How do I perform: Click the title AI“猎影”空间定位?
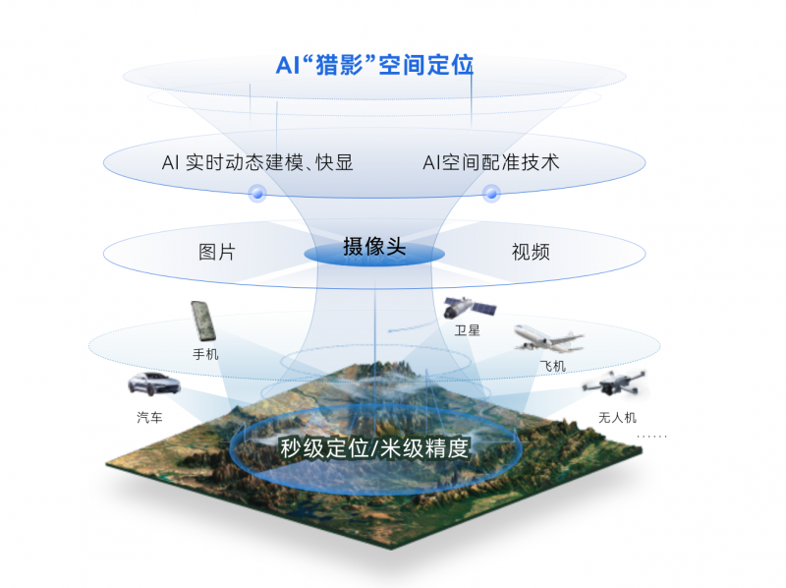coord(374,66)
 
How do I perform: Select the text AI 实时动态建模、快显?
coord(257,163)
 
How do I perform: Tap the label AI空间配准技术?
coord(491,162)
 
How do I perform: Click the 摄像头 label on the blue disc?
coord(374,248)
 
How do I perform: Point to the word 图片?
coord(217,252)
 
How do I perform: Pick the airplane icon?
coord(548,339)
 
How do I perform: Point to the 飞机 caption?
coord(553,367)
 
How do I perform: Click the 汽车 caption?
coord(150,418)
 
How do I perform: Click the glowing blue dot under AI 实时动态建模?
coord(257,193)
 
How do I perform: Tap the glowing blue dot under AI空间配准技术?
coord(491,193)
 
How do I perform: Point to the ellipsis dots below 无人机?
coord(651,436)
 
